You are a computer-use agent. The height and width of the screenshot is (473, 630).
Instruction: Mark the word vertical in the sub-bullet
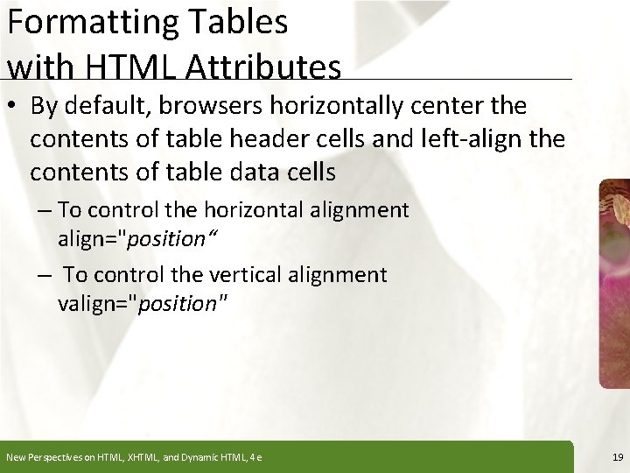(x=250, y=275)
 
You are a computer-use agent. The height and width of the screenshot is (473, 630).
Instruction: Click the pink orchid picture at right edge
(x=614, y=280)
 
